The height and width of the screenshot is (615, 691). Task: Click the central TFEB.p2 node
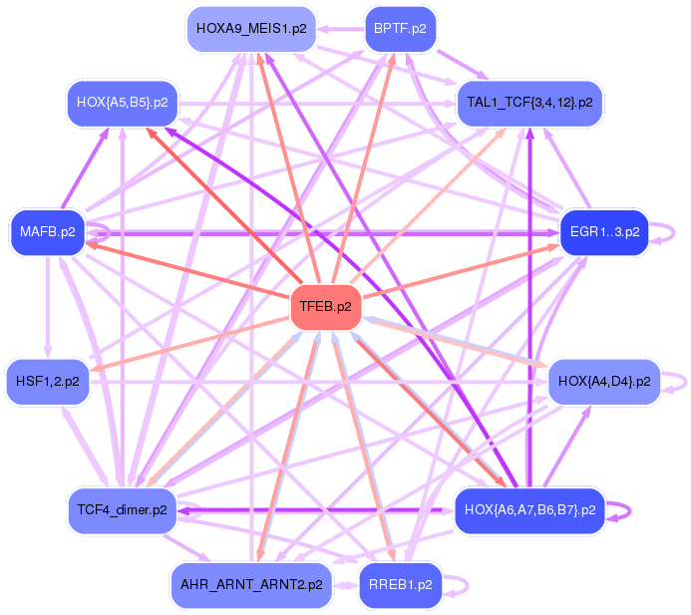tap(325, 307)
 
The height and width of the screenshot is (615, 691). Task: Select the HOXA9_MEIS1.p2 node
tap(250, 28)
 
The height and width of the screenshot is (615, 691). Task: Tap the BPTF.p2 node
tap(399, 28)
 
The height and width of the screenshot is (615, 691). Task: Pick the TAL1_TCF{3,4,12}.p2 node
tap(529, 102)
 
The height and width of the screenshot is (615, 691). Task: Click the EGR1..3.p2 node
tap(604, 232)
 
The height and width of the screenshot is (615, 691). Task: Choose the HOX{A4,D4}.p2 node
tap(604, 381)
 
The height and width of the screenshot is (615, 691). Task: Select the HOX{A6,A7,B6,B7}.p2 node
tap(529, 510)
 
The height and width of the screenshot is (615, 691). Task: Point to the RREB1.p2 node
tap(400, 585)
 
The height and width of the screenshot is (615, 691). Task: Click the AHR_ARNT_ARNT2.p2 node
tap(250, 585)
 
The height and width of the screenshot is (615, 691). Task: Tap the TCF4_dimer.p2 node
tap(122, 510)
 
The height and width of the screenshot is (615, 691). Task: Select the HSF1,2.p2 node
tap(48, 381)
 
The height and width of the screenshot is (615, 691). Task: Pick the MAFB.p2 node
tap(48, 232)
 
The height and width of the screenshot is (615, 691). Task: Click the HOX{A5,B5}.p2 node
tap(122, 102)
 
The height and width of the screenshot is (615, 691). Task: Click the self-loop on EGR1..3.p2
tap(671, 232)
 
